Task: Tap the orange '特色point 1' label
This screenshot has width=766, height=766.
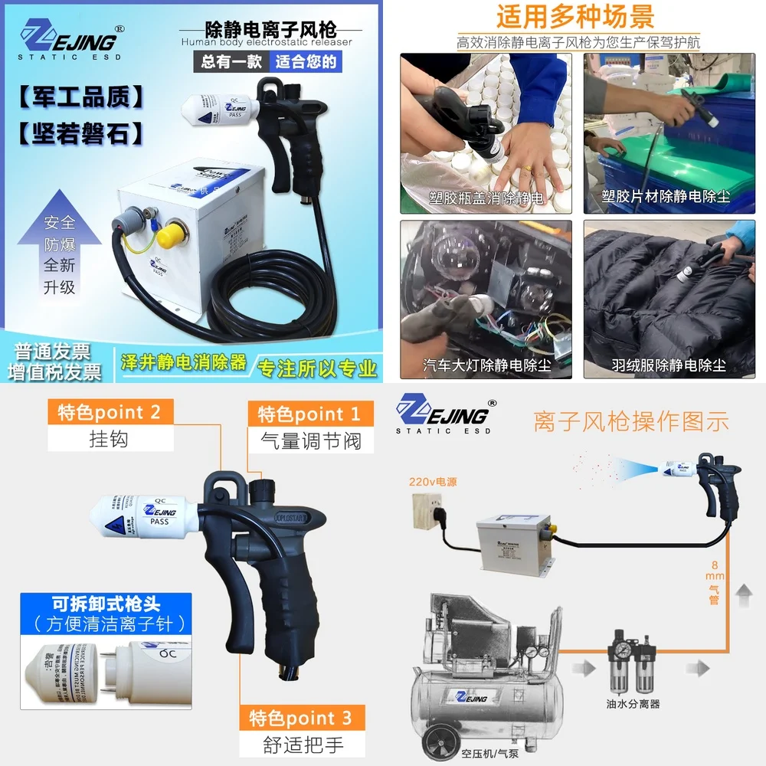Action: pos(309,414)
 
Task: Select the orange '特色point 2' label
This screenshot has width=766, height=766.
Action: pos(110,412)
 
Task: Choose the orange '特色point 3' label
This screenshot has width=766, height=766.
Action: pos(301,718)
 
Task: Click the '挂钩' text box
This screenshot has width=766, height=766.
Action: pos(109,440)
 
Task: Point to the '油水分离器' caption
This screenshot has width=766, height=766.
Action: pos(633,703)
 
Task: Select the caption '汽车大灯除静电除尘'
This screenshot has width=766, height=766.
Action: pos(487,365)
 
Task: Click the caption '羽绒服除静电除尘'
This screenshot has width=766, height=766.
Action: pos(669,365)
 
